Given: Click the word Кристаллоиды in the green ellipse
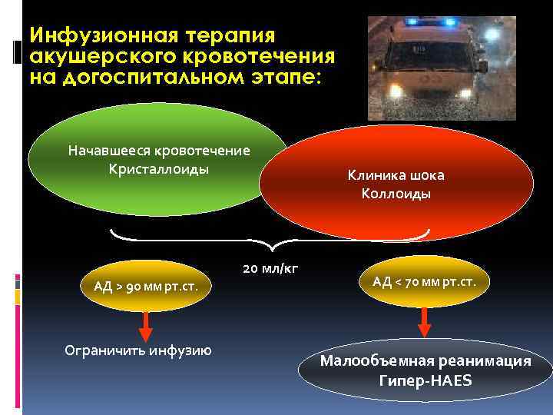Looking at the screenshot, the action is tap(159, 168).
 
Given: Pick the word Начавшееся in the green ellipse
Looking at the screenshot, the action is tap(108, 150).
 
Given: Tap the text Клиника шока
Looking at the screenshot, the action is tap(396, 175).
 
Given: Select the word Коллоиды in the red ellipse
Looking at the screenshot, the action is tap(396, 194).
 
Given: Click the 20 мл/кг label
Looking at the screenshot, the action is tap(270, 268).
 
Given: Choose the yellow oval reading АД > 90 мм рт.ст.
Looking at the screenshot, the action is tap(146, 287).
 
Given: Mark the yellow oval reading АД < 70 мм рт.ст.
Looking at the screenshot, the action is tap(424, 282).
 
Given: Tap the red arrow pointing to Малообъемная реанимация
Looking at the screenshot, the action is tap(425, 324).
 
